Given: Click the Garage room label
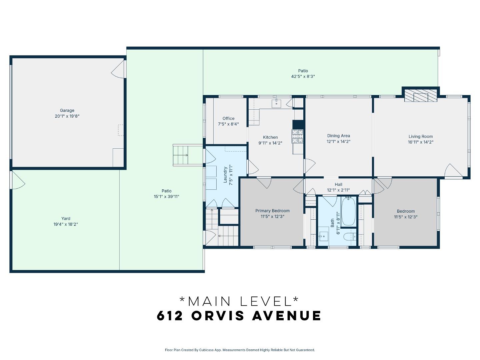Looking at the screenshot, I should coord(67,110).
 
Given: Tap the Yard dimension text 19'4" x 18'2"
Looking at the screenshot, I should coord(66,224).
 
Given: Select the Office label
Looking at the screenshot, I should coord(228,118).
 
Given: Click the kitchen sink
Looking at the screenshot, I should coord(276,103).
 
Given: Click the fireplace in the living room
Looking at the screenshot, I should coord(420,95).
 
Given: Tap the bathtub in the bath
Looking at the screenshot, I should coord(349,211).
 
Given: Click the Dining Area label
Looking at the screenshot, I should coord(338,136).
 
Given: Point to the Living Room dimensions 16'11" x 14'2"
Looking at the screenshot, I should coord(421,142).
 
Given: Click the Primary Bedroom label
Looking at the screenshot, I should coord(272,211).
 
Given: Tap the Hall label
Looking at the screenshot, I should coord(338,184).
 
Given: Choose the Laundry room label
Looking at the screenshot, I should coord(225,175).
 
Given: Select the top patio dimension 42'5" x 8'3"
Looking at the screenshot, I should coord(303,76).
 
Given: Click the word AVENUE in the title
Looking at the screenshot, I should coord(287,316).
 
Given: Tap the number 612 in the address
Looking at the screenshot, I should coord(170,316).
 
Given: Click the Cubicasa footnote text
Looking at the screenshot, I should coord(240,350).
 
